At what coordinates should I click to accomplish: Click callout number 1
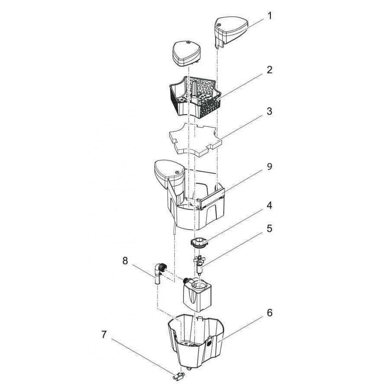(269, 16)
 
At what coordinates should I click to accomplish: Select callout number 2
(269, 70)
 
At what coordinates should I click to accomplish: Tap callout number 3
(269, 111)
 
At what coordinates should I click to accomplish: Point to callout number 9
(269, 167)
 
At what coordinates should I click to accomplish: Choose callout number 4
(269, 205)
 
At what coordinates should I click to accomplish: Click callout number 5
(269, 228)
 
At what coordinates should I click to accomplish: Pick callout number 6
(269, 313)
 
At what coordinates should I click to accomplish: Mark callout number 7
(104, 335)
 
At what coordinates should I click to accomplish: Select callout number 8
(125, 261)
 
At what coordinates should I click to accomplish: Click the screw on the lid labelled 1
(218, 25)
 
